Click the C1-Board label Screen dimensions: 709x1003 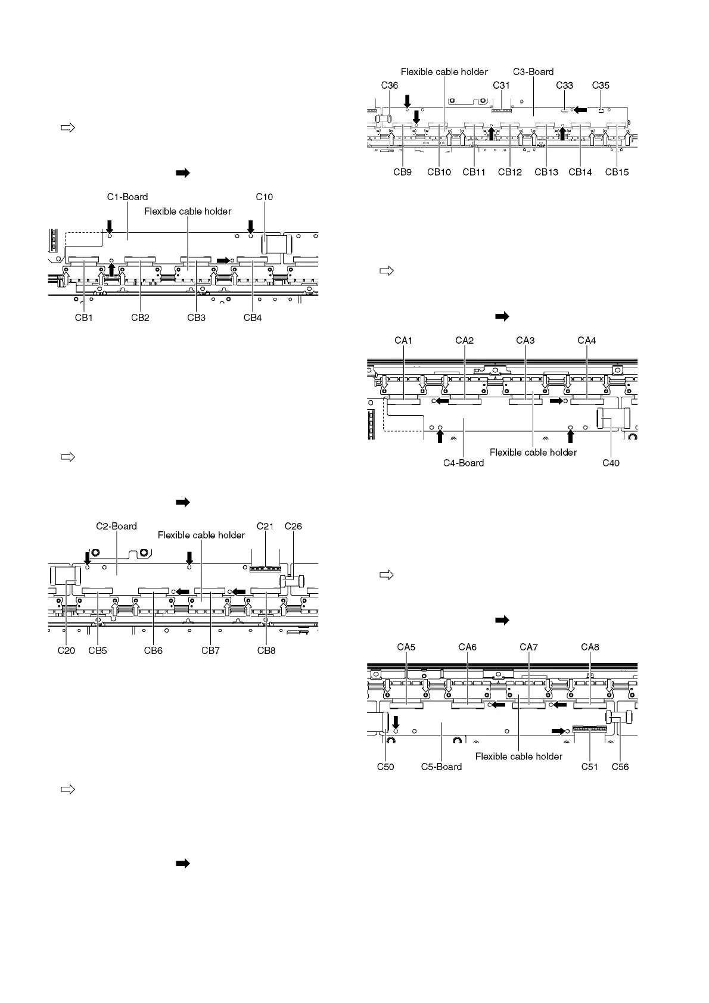(x=128, y=197)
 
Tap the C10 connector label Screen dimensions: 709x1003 (x=265, y=197)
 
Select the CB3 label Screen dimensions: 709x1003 (x=197, y=318)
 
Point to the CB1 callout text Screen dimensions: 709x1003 (x=84, y=318)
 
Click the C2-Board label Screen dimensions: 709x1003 (x=117, y=527)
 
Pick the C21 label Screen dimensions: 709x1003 (x=265, y=527)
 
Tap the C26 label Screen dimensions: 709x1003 (x=293, y=527)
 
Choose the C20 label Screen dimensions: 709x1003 (x=66, y=651)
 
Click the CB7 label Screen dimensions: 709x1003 (x=210, y=651)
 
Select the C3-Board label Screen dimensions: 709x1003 (x=533, y=72)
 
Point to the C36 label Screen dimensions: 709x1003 (x=389, y=86)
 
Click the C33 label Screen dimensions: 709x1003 (x=565, y=86)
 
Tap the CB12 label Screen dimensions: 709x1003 (x=510, y=173)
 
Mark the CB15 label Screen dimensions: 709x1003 (x=617, y=173)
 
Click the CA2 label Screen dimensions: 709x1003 (x=465, y=341)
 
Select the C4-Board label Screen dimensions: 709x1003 (x=464, y=463)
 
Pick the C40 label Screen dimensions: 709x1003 (x=611, y=463)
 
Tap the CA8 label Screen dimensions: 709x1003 (x=590, y=647)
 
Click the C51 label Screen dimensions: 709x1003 (x=590, y=767)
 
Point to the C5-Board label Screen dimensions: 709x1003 (x=441, y=767)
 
